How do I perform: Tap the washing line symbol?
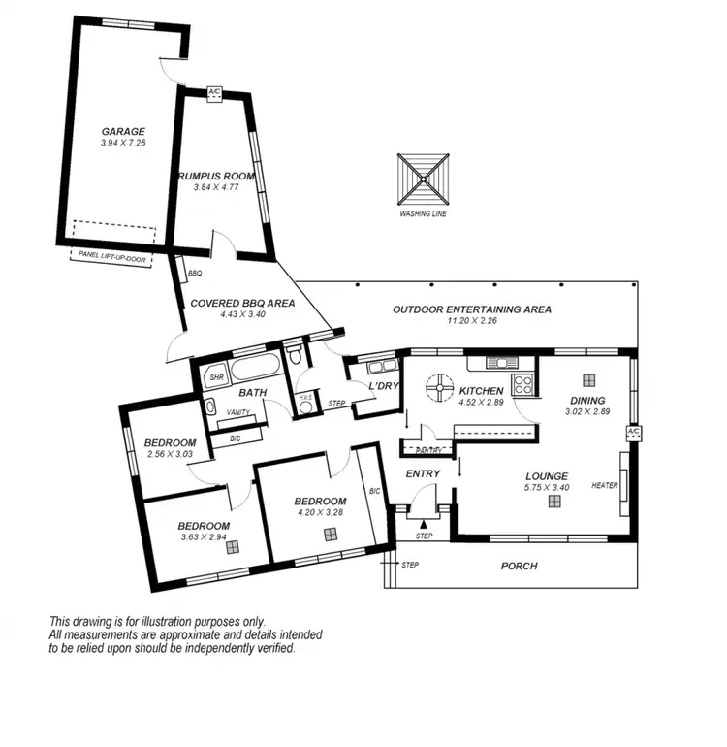424,178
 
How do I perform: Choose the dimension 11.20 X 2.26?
471,321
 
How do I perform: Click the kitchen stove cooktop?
523,383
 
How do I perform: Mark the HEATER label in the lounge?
605,486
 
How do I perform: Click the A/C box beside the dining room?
634,432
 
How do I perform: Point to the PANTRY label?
427,450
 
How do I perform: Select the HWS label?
304,397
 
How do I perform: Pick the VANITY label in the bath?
237,412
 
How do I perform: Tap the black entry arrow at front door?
422,523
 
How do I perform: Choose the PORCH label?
518,566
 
